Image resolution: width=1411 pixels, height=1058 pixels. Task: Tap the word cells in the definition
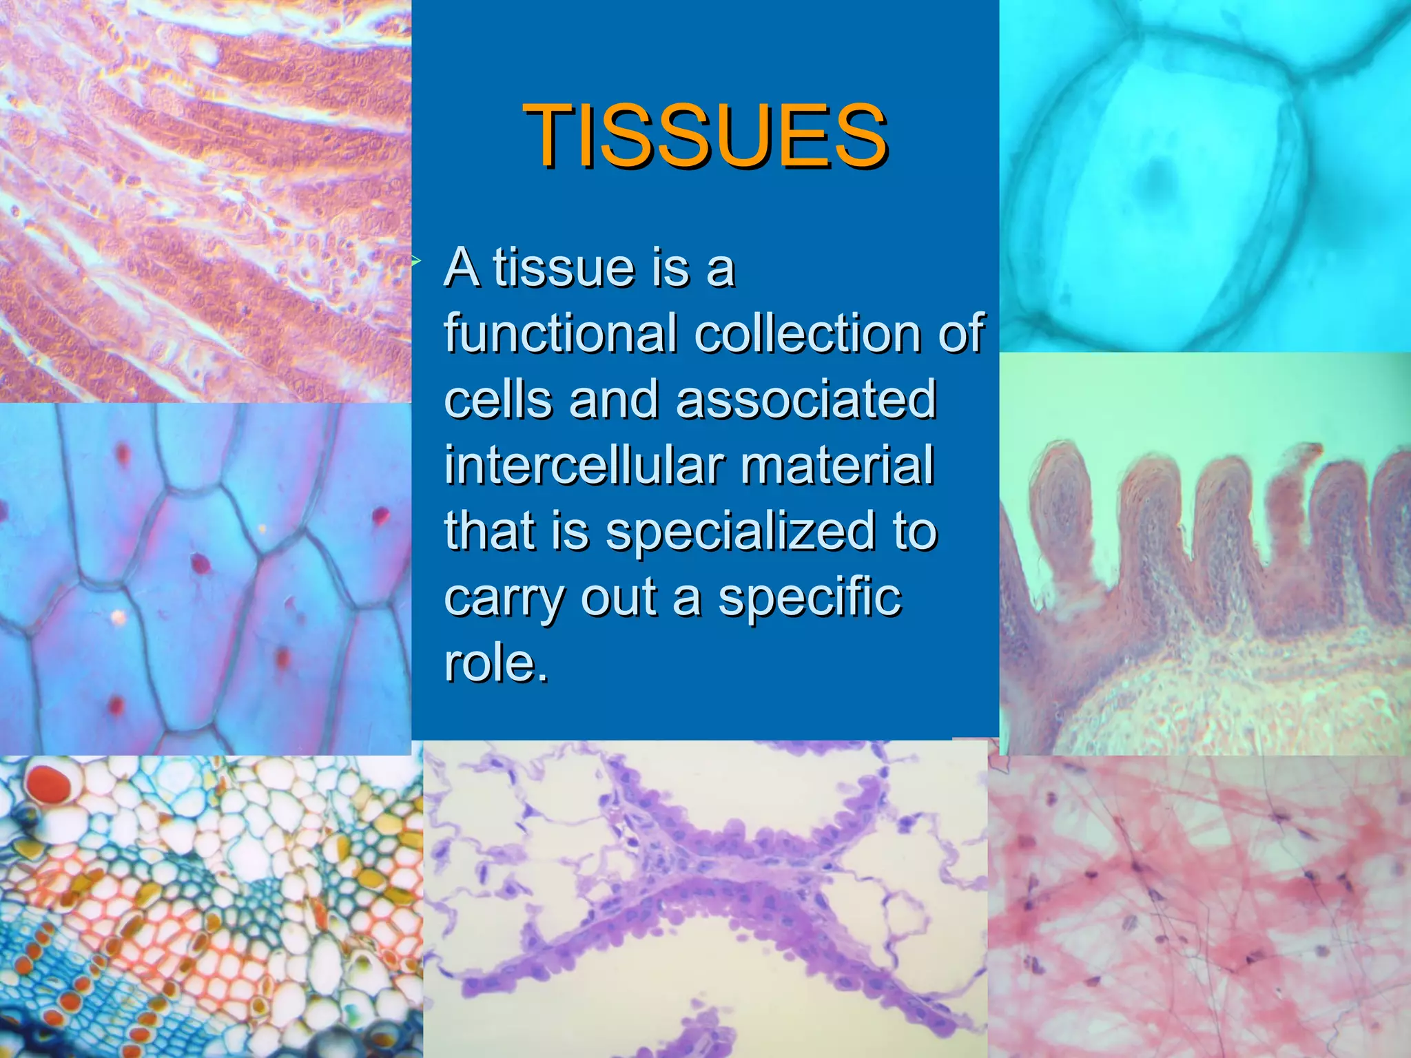point(498,400)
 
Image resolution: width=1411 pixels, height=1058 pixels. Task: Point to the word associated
point(806,400)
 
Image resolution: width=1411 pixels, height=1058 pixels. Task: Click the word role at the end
point(495,664)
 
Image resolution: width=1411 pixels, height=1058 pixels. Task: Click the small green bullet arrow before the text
point(416,260)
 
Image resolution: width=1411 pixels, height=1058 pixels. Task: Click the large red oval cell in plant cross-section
point(48,784)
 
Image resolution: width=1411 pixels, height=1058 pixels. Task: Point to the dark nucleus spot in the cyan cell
point(1160,178)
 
